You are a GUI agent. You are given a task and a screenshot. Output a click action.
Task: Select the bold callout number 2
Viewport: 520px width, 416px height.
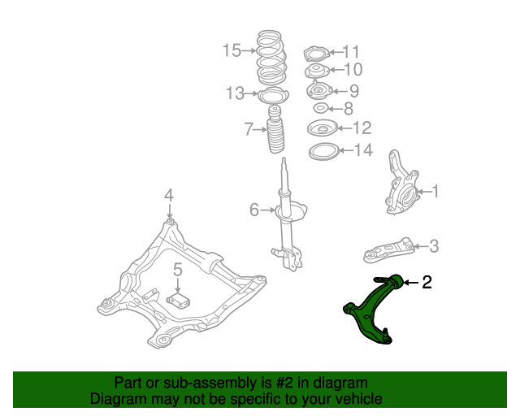[x=427, y=282]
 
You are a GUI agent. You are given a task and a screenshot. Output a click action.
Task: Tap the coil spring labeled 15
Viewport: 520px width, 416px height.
[x=271, y=58]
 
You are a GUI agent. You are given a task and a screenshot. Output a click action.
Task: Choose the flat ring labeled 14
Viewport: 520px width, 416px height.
[x=323, y=152]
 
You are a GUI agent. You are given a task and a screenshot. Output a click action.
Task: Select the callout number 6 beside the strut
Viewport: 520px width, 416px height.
[x=254, y=210]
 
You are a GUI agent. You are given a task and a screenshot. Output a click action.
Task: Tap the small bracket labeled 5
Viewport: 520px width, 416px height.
[x=178, y=301]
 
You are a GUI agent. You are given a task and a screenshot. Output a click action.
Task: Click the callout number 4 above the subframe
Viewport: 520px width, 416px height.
[x=169, y=195]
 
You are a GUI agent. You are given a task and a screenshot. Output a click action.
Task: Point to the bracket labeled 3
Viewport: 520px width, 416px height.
[x=389, y=250]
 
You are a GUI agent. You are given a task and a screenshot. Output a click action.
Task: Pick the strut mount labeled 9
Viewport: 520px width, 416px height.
[x=318, y=90]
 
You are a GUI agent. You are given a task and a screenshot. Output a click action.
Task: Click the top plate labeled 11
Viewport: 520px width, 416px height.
[x=316, y=54]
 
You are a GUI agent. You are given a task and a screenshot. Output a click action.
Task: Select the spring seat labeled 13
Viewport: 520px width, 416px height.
[x=273, y=95]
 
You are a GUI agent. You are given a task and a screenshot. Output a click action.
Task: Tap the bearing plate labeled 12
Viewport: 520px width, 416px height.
[x=323, y=128]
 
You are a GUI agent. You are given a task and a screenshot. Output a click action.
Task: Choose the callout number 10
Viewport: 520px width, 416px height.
[x=353, y=69]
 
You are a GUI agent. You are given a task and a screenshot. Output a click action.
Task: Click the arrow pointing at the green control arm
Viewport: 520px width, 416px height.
[x=411, y=283]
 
